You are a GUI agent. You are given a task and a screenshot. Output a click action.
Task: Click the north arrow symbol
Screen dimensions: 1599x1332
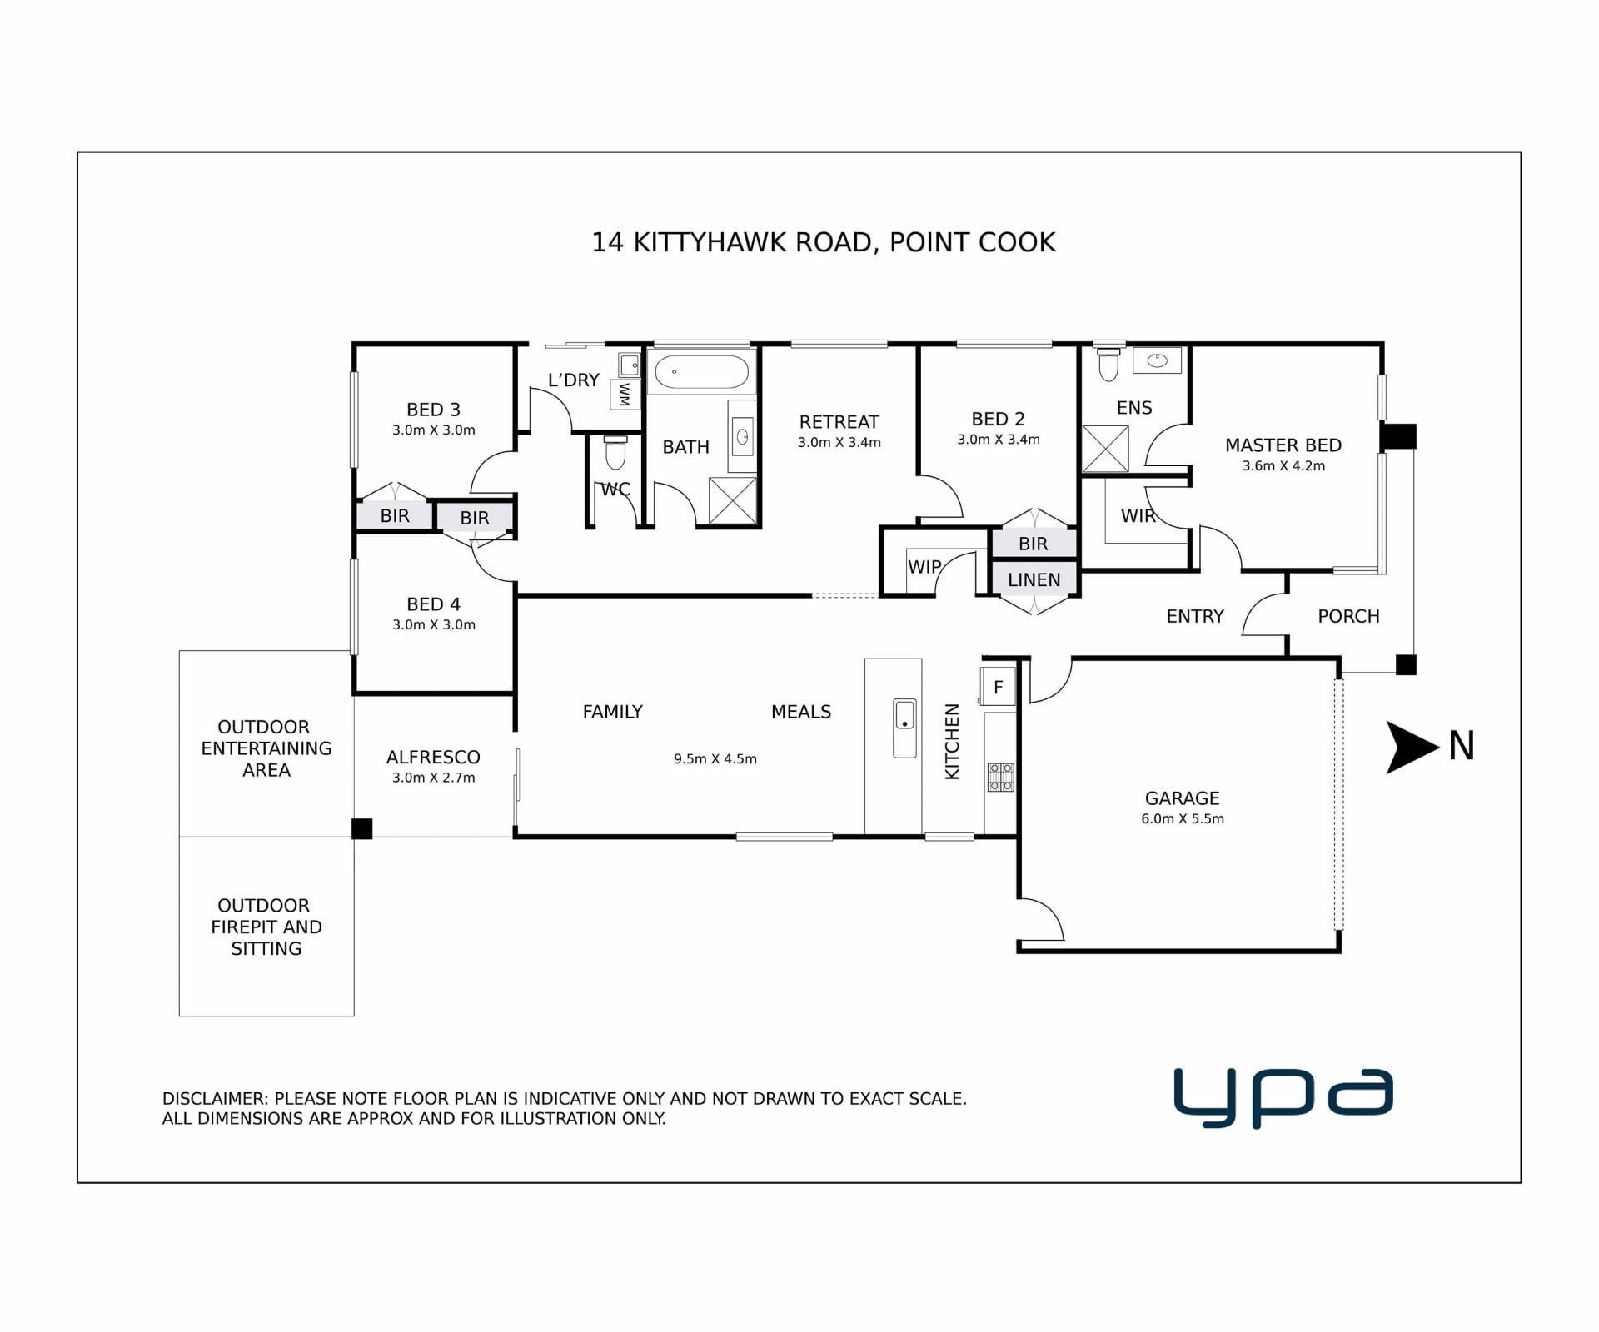[1411, 747]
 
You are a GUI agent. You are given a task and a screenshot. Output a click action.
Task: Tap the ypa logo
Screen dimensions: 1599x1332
[1283, 1098]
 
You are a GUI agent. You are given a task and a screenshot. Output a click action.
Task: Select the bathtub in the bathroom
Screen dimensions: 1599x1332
[701, 372]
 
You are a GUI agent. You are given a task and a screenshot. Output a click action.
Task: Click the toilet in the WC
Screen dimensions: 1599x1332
[615, 452]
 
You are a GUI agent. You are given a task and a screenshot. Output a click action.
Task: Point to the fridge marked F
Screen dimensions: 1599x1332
[998, 687]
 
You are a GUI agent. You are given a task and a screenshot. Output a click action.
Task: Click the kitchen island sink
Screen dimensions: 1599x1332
[904, 728]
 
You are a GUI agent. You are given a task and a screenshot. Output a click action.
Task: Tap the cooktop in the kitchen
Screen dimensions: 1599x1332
[1001, 777]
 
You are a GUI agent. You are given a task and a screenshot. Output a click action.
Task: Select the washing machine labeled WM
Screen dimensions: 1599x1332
[625, 395]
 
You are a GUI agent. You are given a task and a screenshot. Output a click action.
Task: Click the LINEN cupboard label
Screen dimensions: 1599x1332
[1034, 580]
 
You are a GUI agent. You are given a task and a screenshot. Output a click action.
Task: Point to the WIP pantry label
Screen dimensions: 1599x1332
[924, 567]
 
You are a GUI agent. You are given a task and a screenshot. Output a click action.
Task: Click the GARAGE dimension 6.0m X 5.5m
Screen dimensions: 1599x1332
[1183, 819]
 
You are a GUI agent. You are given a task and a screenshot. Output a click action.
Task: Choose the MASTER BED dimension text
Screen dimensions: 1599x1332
[1283, 466]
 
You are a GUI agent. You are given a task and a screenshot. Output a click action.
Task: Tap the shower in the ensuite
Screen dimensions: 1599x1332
[1105, 449]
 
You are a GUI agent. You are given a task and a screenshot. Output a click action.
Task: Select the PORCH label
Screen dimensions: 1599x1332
[1348, 616]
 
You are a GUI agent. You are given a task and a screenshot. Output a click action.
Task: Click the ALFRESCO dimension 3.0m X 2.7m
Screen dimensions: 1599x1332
[434, 778]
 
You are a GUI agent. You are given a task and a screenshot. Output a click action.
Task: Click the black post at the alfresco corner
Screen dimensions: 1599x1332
[361, 829]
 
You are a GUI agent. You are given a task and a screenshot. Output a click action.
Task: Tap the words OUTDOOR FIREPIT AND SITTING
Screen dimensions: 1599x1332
[266, 927]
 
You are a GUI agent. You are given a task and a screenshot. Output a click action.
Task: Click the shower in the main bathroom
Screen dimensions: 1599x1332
[733, 500]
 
